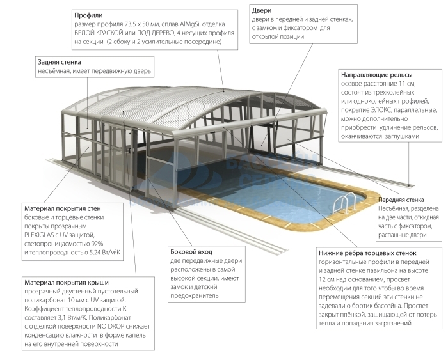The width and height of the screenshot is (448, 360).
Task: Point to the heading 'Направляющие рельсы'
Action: point(376,74)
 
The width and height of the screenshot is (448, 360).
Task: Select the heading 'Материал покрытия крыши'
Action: point(66,282)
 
